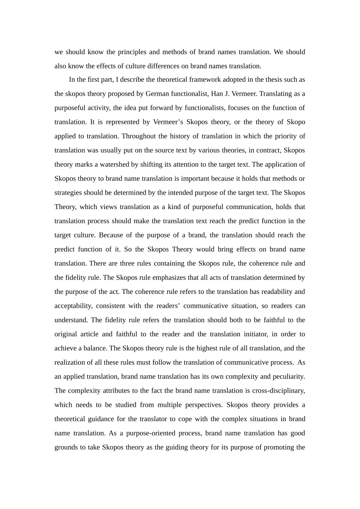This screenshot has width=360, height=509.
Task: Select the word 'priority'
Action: click(x=283, y=136)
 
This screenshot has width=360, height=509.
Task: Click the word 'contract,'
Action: click(x=265, y=150)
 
